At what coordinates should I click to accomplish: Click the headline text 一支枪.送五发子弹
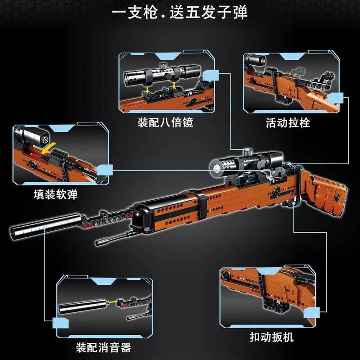tap(180, 12)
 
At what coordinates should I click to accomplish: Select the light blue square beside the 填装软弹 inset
tap(104, 170)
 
